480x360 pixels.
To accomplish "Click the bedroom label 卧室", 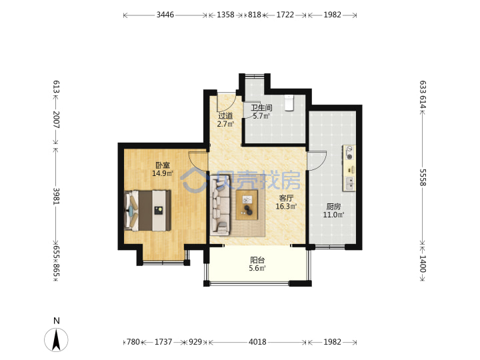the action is tap(163, 165).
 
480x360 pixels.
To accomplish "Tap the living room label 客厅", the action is tap(286, 198).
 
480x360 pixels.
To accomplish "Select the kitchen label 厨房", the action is tap(333, 207).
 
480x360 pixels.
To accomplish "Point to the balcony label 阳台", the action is tap(257, 260).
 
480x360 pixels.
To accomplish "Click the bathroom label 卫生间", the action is tap(261, 108).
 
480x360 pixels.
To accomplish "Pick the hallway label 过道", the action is tap(225, 116).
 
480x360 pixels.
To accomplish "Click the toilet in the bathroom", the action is tap(289, 103).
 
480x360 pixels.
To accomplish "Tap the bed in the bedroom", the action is tap(147, 210).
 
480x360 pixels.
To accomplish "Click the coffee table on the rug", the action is tap(247, 205).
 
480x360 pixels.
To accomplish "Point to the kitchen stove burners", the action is tap(349, 153).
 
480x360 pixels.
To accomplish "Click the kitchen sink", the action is tap(349, 183).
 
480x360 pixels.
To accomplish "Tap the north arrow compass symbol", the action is tap(56, 339).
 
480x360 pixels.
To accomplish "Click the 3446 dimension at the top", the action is tap(165, 15).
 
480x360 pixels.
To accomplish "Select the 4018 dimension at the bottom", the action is tap(257, 341).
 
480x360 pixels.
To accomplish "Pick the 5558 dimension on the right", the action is tap(423, 177).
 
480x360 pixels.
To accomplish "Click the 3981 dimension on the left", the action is tap(57, 196).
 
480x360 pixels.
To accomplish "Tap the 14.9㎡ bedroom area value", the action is tap(163, 173).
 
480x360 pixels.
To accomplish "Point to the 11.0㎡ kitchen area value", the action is tap(333, 215).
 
